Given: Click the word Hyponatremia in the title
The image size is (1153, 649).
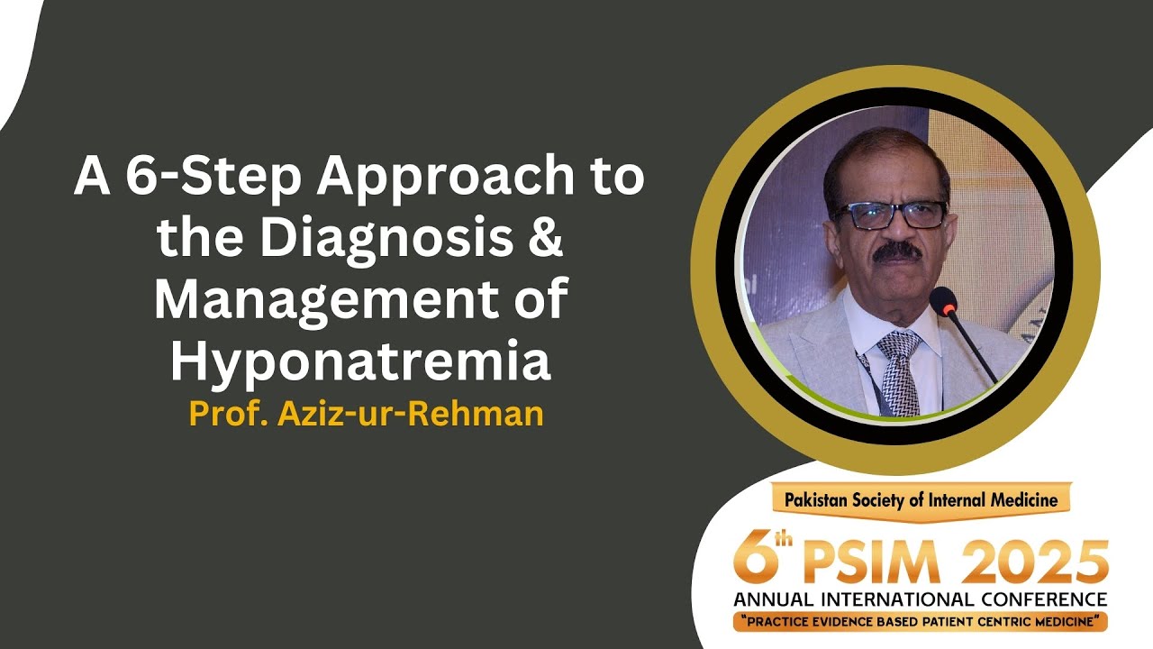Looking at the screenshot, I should [x=360, y=362].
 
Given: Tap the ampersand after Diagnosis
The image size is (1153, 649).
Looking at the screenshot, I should [x=543, y=240].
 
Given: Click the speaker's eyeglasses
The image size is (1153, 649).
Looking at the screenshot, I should [x=889, y=215].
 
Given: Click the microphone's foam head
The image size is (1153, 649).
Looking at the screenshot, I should [x=943, y=301].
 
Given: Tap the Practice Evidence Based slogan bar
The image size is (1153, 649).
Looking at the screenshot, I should [x=920, y=621].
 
